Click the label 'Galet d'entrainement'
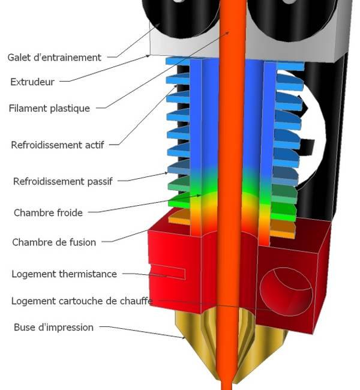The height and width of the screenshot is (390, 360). (55, 58)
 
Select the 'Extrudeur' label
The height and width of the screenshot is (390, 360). (33, 82)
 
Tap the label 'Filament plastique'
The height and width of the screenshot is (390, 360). (49, 109)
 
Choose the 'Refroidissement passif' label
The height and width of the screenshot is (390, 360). (62, 181)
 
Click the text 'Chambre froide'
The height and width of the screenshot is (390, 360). (48, 212)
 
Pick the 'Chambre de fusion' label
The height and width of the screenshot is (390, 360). (54, 242)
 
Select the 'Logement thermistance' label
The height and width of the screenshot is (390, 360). (64, 274)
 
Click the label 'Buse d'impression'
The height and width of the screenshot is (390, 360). (53, 328)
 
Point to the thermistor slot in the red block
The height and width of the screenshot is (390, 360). (168, 274)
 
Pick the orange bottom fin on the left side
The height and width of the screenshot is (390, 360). (179, 220)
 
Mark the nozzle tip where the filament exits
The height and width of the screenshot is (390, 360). (226, 383)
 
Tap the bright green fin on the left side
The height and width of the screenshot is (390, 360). (178, 203)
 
